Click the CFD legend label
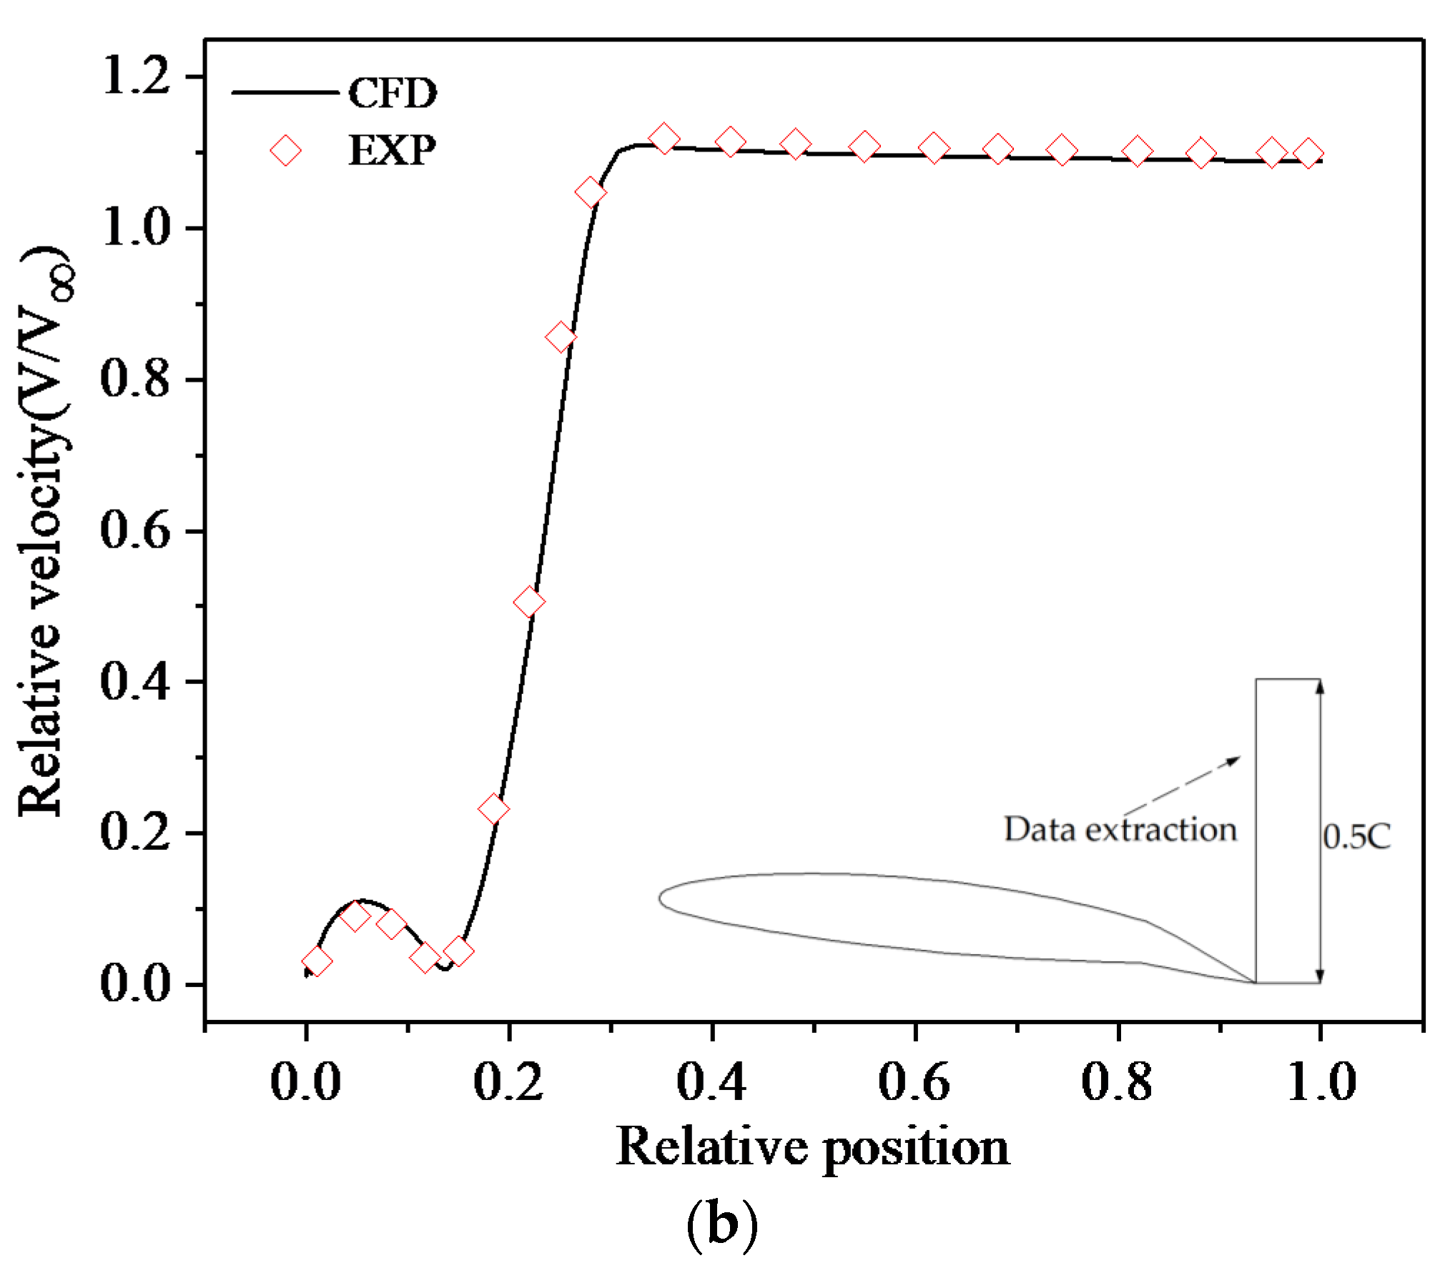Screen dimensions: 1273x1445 click(392, 94)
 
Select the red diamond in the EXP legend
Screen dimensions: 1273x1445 click(285, 151)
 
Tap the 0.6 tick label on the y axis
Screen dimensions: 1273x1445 click(134, 531)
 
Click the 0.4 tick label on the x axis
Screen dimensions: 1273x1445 click(711, 1081)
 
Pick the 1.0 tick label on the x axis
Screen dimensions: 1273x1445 click(1321, 1081)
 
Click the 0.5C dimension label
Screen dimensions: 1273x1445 click(1356, 836)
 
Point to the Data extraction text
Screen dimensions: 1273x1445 click(1120, 829)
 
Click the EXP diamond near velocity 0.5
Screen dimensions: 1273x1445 click(529, 603)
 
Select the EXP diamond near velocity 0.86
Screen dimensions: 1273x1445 click(561, 337)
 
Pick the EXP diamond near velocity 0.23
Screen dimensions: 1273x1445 click(493, 809)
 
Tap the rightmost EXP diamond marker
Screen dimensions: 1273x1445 click(1308, 154)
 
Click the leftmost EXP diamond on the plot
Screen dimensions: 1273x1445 click(317, 961)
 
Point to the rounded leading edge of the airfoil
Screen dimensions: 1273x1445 click(661, 898)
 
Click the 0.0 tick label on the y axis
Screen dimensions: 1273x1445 click(134, 984)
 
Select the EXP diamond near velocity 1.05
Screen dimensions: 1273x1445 click(591, 192)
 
